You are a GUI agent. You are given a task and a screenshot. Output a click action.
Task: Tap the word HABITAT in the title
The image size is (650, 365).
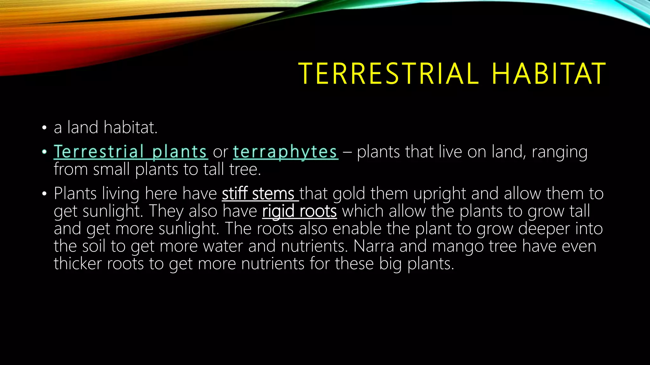tap(549, 74)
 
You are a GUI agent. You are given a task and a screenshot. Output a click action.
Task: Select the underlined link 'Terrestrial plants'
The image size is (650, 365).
tap(130, 152)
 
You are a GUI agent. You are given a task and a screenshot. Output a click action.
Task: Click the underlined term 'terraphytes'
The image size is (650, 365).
tap(285, 152)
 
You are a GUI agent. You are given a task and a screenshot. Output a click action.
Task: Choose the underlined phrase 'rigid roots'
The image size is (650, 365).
tap(299, 211)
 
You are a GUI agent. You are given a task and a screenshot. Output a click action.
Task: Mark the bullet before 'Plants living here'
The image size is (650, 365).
tap(44, 194)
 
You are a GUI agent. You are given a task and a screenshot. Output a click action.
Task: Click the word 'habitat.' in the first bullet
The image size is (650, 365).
tap(130, 127)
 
